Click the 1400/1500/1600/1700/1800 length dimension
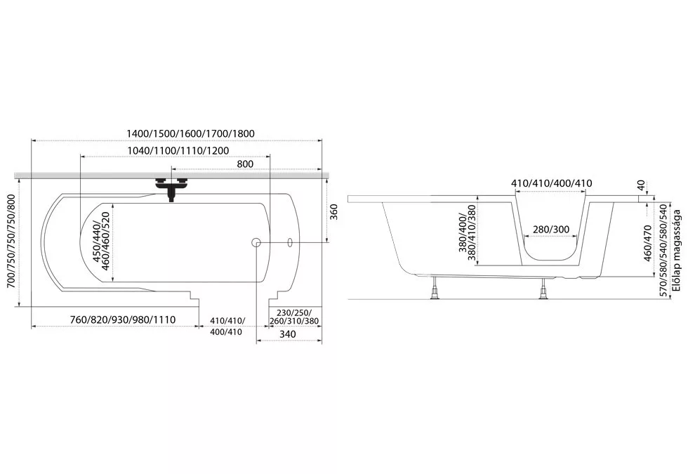pyautogui.click(x=190, y=133)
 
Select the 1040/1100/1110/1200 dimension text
pyautogui.click(x=178, y=151)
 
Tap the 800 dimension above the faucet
pyautogui.click(x=245, y=164)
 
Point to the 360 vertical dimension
pyautogui.click(x=334, y=211)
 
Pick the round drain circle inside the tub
pyautogui.click(x=256, y=242)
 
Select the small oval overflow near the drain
pyautogui.click(x=290, y=242)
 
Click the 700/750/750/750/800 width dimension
pyautogui.click(x=11, y=242)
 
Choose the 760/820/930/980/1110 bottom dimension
pyautogui.click(x=123, y=320)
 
